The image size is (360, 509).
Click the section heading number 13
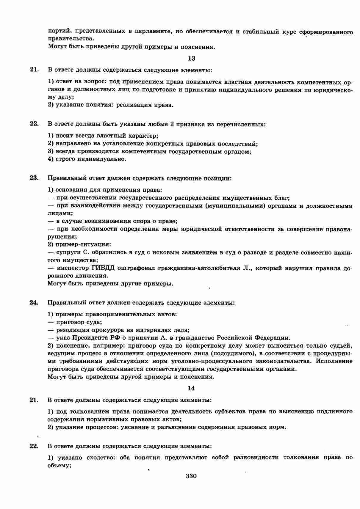192,58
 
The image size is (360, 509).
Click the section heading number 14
191,388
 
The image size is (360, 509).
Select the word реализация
134,105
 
